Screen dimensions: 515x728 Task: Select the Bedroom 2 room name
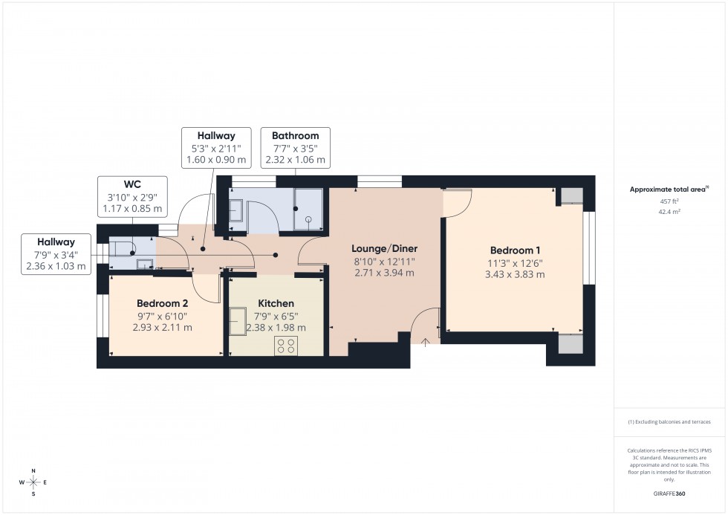pos(162,303)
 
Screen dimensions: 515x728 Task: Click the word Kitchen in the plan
pos(276,303)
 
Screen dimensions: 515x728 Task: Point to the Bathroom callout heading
pos(295,136)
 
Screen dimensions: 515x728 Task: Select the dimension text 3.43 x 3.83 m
pos(516,274)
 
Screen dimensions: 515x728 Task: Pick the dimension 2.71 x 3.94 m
pos(383,273)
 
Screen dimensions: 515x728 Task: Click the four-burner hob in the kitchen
pos(286,345)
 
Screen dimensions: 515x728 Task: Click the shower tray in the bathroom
pos(308,210)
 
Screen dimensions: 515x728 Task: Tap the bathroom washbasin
pos(236,210)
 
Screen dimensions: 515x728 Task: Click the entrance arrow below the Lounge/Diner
pos(426,343)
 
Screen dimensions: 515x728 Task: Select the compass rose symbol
pos(33,482)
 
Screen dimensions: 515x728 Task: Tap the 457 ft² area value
pos(669,201)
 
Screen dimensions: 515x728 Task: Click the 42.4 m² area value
pos(669,211)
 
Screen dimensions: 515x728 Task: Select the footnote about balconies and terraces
pos(669,421)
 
